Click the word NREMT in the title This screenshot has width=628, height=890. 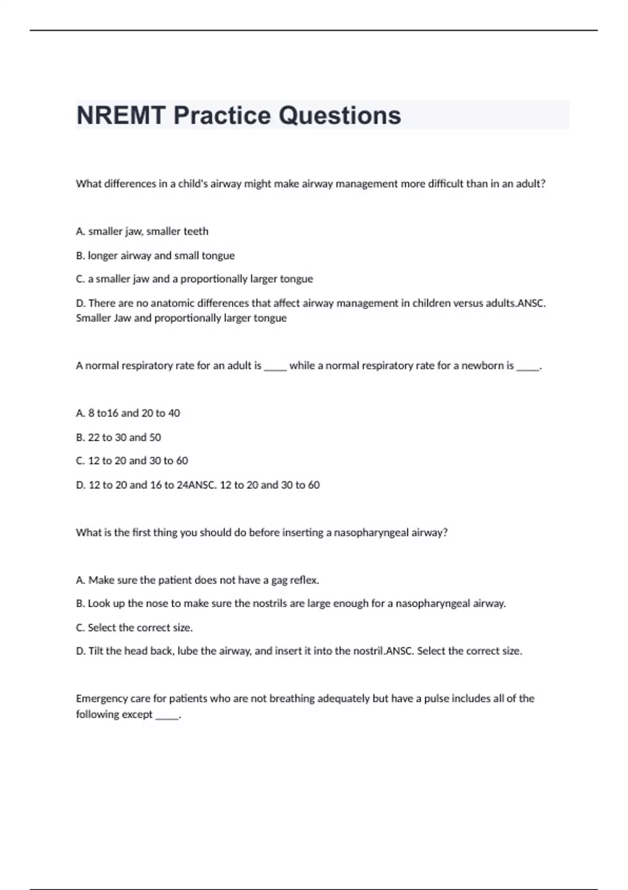121,116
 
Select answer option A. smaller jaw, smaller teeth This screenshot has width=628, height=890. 142,231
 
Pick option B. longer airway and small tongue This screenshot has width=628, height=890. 155,255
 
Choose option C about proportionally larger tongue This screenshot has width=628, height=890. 194,279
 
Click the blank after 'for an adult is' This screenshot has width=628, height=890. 275,366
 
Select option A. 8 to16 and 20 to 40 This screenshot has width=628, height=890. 128,413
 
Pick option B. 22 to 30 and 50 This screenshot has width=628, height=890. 118,437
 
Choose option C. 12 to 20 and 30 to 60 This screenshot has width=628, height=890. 132,461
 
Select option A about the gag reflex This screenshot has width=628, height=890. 197,580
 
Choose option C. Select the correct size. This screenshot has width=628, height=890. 134,628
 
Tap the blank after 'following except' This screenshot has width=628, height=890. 167,716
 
